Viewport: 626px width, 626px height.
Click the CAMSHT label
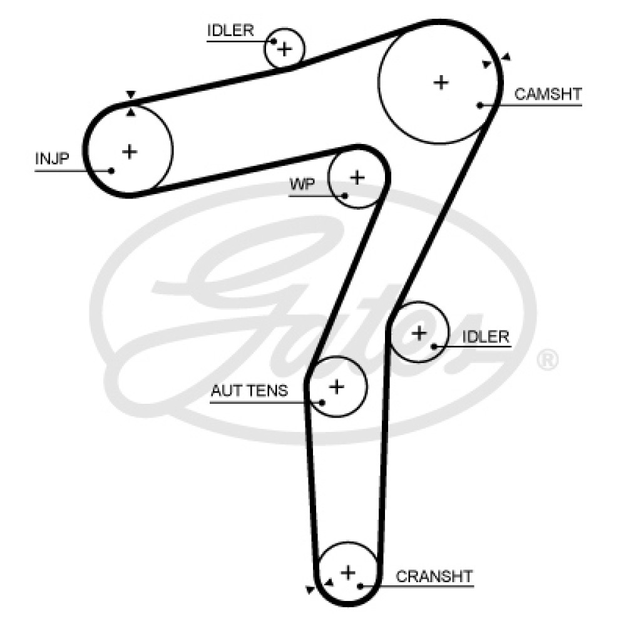(548, 95)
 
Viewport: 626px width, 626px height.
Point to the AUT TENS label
(249, 391)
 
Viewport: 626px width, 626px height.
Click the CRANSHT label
(434, 576)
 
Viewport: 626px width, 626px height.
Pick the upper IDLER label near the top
(230, 31)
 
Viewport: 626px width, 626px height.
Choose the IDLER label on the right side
(486, 336)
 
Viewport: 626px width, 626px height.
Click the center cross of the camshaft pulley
(442, 81)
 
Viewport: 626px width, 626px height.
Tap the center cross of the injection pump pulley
(130, 151)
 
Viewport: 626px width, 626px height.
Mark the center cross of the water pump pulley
(357, 177)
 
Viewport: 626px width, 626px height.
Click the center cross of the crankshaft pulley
(348, 572)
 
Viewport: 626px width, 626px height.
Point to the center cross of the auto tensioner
(337, 386)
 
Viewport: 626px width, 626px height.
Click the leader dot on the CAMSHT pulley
(480, 105)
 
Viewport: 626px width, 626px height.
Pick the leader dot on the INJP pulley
(111, 170)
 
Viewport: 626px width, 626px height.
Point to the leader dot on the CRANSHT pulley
(360, 586)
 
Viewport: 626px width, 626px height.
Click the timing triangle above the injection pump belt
(130, 95)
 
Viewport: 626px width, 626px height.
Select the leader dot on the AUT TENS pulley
(322, 402)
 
